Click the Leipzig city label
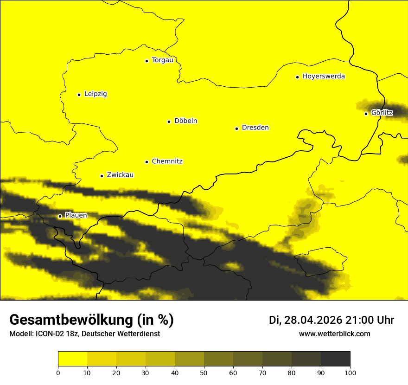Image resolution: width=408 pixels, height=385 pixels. tap(96, 94)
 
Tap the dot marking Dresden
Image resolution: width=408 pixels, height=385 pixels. tap(236, 128)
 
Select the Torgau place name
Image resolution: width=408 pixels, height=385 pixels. tap(162, 60)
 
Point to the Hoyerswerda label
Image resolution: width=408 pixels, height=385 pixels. tap(324, 77)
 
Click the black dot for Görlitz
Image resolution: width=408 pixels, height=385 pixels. tap(366, 114)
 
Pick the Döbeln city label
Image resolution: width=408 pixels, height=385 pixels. tap(185, 121)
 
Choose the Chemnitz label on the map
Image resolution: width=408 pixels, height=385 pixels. tap(167, 162)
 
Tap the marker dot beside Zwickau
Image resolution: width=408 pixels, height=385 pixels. tap(102, 176)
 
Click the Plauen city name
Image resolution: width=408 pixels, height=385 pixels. tap(76, 216)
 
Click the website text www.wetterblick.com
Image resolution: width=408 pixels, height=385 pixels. tap(334, 334)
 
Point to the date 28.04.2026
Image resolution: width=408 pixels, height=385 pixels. tap(313, 320)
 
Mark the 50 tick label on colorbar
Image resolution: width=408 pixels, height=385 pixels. tap(204, 372)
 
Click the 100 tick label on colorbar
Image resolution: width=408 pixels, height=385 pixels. tap(350, 372)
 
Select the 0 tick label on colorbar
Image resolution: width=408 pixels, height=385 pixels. tap(58, 372)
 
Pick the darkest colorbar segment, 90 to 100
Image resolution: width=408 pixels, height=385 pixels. tap(335, 359)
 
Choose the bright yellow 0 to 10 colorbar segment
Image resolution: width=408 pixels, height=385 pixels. tap(72, 359)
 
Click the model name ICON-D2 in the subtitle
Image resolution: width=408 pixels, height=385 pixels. tap(48, 334)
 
